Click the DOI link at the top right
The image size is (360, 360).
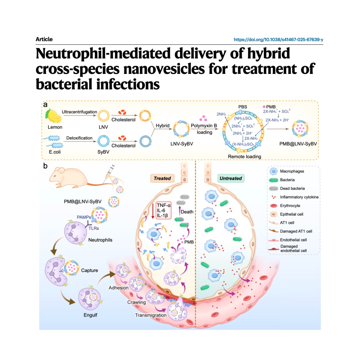tap(278, 40)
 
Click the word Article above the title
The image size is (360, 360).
tap(44, 40)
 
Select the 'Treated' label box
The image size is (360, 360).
tap(162, 178)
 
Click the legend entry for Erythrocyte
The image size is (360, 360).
tap(288, 206)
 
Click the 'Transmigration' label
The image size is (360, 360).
tap(150, 314)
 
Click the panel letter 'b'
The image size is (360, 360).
tap(45, 165)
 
